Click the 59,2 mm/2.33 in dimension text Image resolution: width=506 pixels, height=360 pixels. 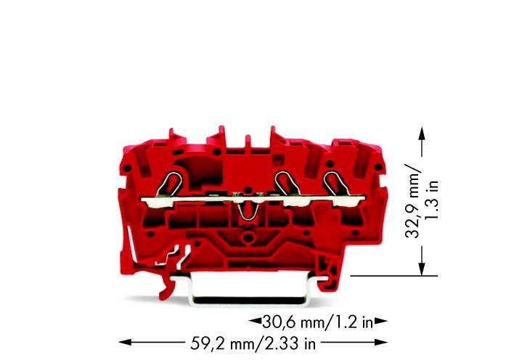coord(248,340)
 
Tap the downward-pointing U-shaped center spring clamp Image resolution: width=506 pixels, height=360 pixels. coord(247,210)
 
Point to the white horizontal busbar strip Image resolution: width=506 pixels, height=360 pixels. coord(218,197)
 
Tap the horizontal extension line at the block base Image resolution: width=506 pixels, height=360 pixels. coord(392,276)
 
